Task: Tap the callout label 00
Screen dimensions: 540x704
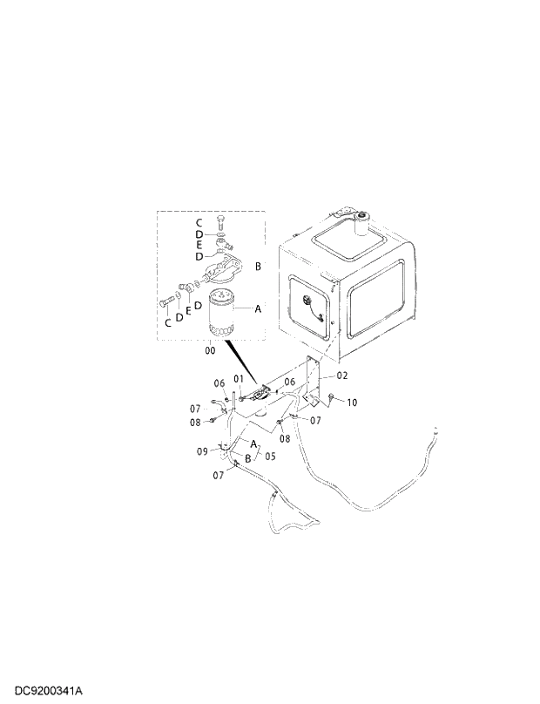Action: click(209, 350)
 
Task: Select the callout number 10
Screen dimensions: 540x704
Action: click(352, 403)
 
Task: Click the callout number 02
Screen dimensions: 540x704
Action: click(342, 376)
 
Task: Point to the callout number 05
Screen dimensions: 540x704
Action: click(270, 455)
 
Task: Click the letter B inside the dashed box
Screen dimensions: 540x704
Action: click(258, 265)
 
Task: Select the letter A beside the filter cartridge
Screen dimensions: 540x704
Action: click(257, 308)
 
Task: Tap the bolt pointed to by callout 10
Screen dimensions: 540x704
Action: click(334, 398)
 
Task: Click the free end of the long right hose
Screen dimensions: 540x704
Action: click(433, 430)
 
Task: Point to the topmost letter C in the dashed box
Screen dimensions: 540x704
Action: click(199, 224)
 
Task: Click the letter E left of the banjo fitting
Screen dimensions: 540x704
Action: click(187, 309)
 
